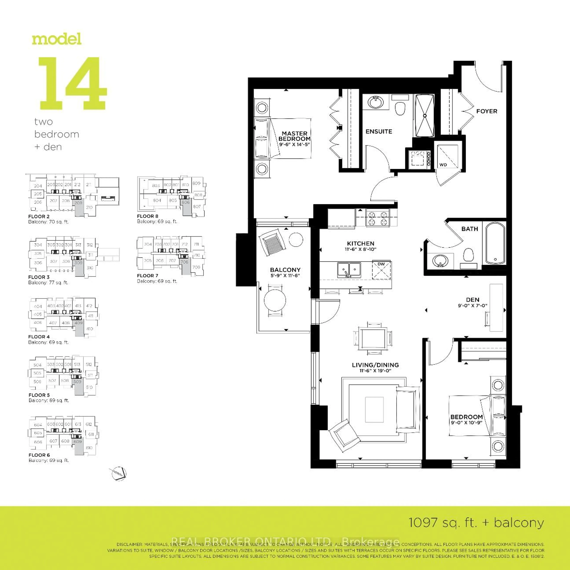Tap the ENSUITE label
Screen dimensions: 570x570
pos(379,132)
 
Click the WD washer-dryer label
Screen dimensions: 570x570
pos(443,165)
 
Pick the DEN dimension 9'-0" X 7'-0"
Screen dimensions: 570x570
pos(472,306)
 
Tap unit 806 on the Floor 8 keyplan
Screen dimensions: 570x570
pos(186,202)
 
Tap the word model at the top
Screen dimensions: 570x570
pos(57,39)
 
